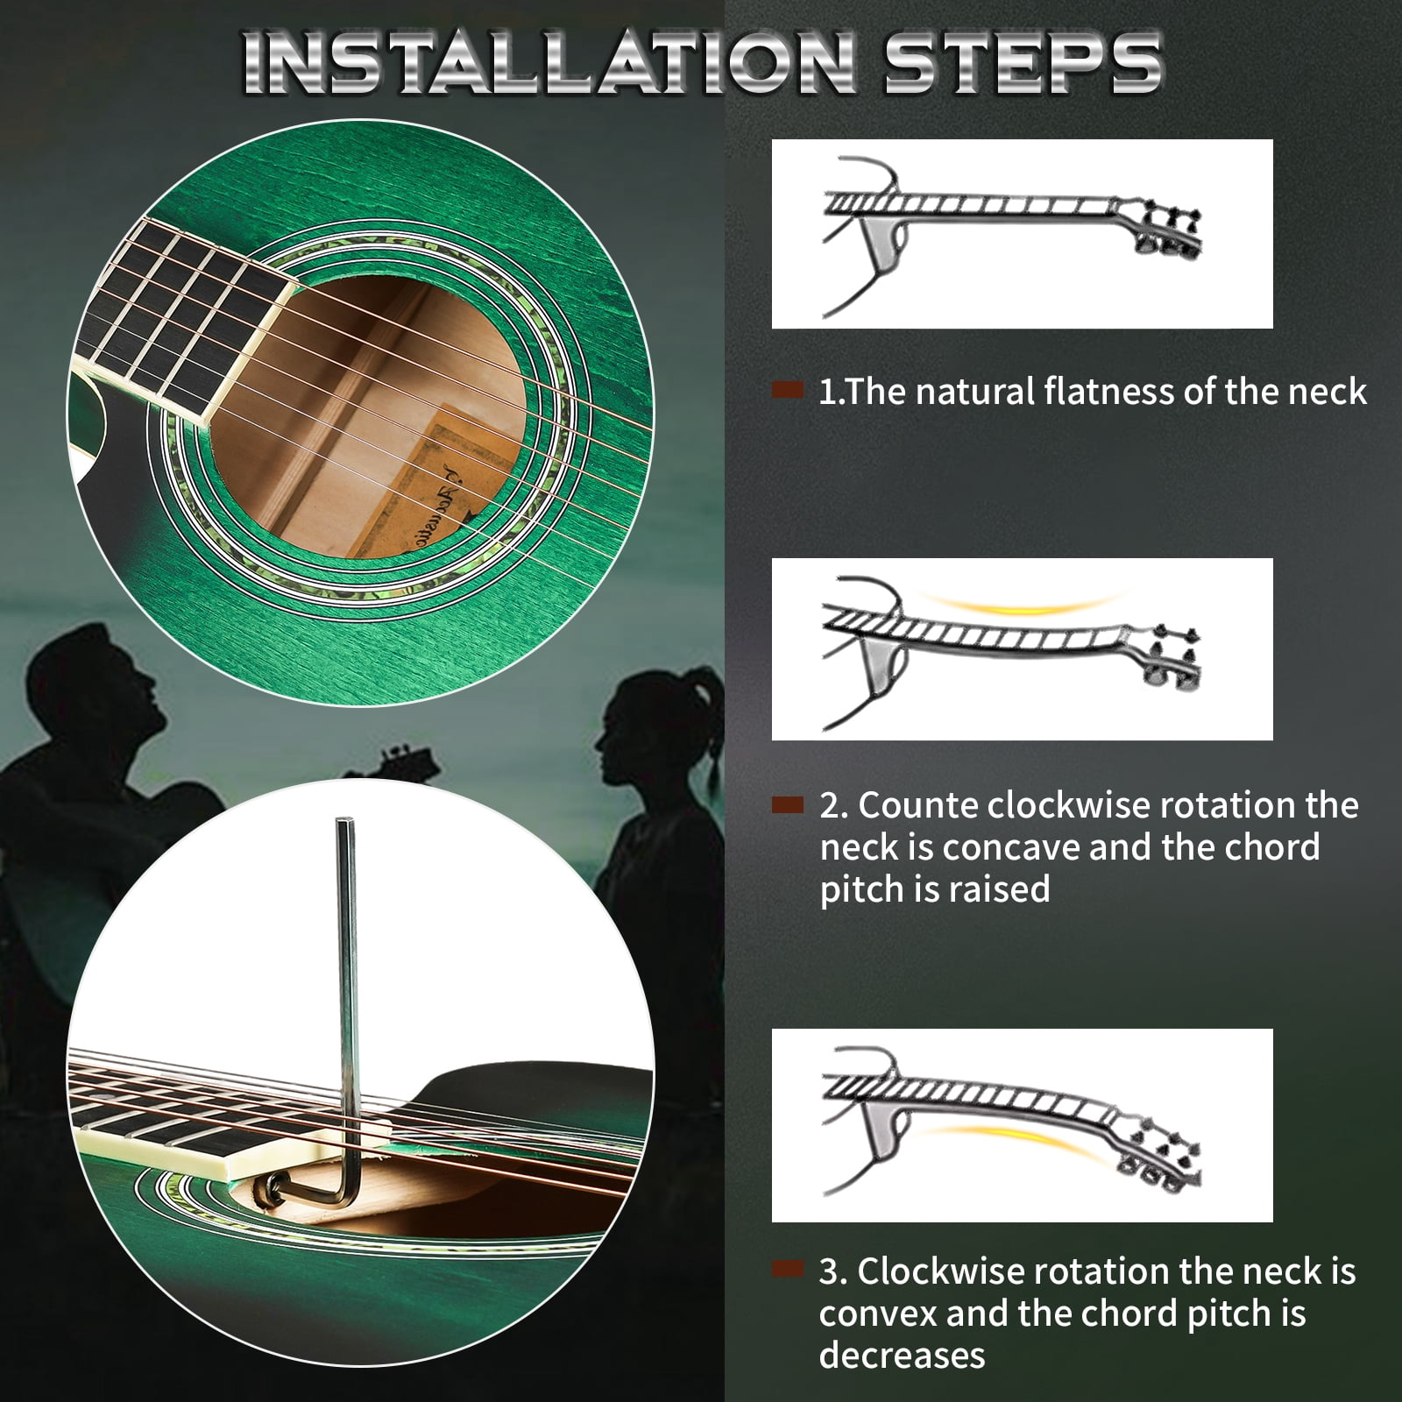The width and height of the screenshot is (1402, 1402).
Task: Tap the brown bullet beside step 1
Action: pyautogui.click(x=787, y=391)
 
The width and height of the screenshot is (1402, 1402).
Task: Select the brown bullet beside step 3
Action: pyautogui.click(x=787, y=1270)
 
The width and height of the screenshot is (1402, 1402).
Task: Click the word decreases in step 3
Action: pyautogui.click(x=902, y=1355)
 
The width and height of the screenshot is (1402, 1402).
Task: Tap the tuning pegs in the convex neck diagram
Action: pyautogui.click(x=1160, y=1157)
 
